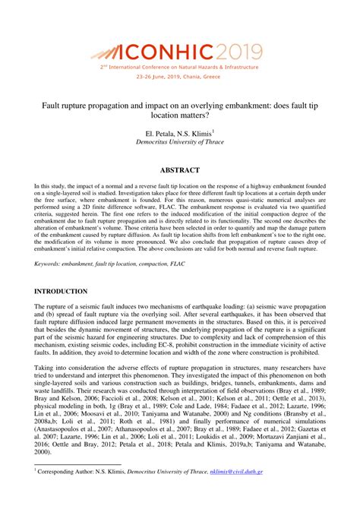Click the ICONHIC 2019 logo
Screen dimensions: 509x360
click(179, 52)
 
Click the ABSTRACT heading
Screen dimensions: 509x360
click(180, 170)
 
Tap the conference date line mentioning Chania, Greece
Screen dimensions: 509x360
click(180, 77)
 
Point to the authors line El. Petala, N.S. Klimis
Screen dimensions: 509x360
click(179, 132)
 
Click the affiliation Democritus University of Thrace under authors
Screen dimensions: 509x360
click(180, 142)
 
